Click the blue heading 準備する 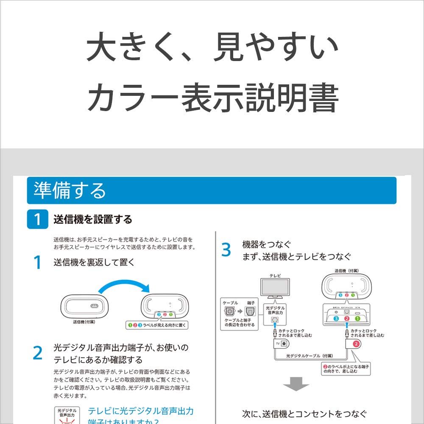[x=70, y=191]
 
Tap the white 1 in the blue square [x=38, y=220]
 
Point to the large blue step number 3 [x=226, y=250]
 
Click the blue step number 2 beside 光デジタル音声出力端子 [x=38, y=353]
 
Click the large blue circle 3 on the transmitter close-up [x=335, y=318]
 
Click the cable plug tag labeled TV [x=281, y=343]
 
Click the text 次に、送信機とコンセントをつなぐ [x=304, y=414]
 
